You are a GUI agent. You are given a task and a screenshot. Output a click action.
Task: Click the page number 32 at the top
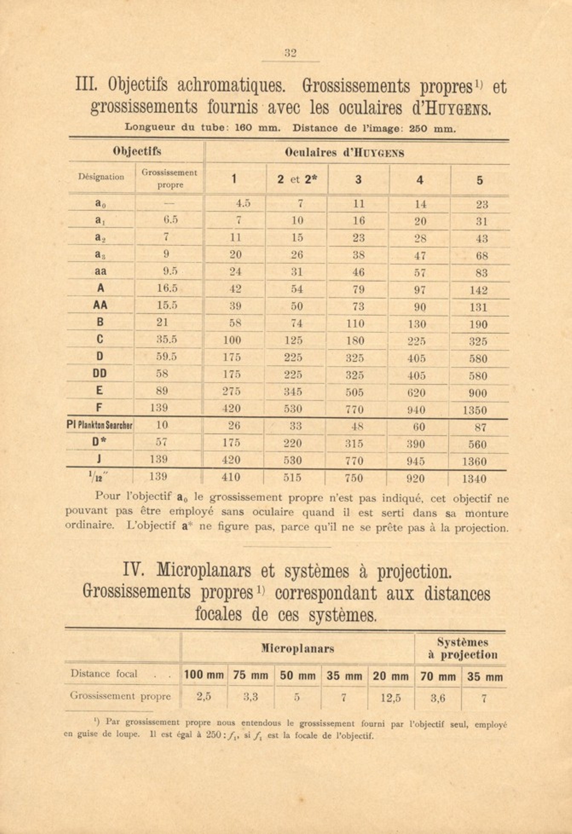pos(290,53)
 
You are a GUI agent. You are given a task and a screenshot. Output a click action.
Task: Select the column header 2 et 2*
pos(297,180)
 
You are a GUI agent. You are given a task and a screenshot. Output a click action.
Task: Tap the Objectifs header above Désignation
pos(137,151)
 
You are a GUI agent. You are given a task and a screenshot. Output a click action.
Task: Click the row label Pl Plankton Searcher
pos(100,426)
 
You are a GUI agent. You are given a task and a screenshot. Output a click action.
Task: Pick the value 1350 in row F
pos(474,410)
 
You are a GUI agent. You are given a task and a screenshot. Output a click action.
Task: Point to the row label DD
pos(100,374)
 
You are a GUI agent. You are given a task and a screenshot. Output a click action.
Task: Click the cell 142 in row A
pos(478,290)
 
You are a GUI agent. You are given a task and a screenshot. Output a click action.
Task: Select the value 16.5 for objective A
pos(167,288)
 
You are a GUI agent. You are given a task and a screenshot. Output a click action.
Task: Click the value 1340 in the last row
pos(474,479)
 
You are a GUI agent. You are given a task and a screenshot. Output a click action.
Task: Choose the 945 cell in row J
pos(416,461)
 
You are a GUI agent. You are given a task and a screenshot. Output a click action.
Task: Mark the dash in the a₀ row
pos(166,204)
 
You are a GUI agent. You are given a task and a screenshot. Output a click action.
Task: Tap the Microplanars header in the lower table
pos(297,649)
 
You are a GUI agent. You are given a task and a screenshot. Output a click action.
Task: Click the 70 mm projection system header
pos(438,677)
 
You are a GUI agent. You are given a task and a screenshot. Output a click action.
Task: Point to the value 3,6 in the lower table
pos(438,698)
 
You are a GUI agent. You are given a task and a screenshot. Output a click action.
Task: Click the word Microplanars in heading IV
pos(216,571)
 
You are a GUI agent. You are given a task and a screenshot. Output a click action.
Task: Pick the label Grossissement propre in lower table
pos(120,696)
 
